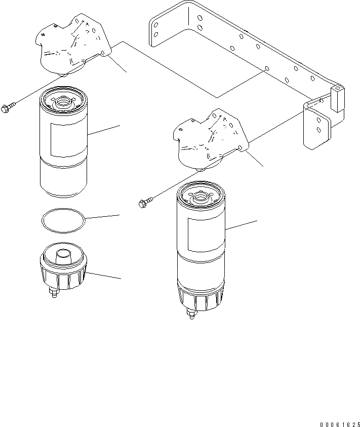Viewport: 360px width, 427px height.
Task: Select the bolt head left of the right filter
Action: pyautogui.click(x=142, y=204)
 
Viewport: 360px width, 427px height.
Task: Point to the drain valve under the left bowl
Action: pyautogui.click(x=53, y=293)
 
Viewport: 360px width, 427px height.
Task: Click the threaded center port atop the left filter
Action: pyautogui.click(x=63, y=100)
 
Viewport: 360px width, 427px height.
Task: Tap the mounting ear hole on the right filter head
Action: pyautogui.click(x=239, y=147)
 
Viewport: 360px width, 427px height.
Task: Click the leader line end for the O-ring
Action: pyautogui.click(x=119, y=215)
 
